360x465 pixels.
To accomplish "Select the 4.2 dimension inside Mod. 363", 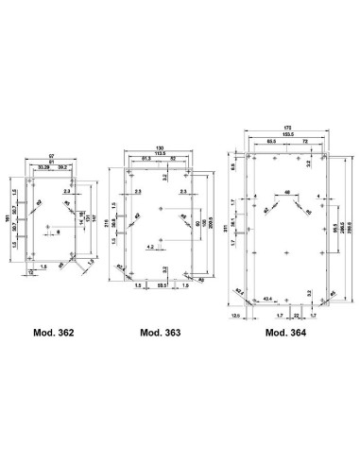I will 150,247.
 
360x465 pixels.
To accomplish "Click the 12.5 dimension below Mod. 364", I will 235,317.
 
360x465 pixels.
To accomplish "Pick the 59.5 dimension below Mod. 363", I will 162,285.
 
